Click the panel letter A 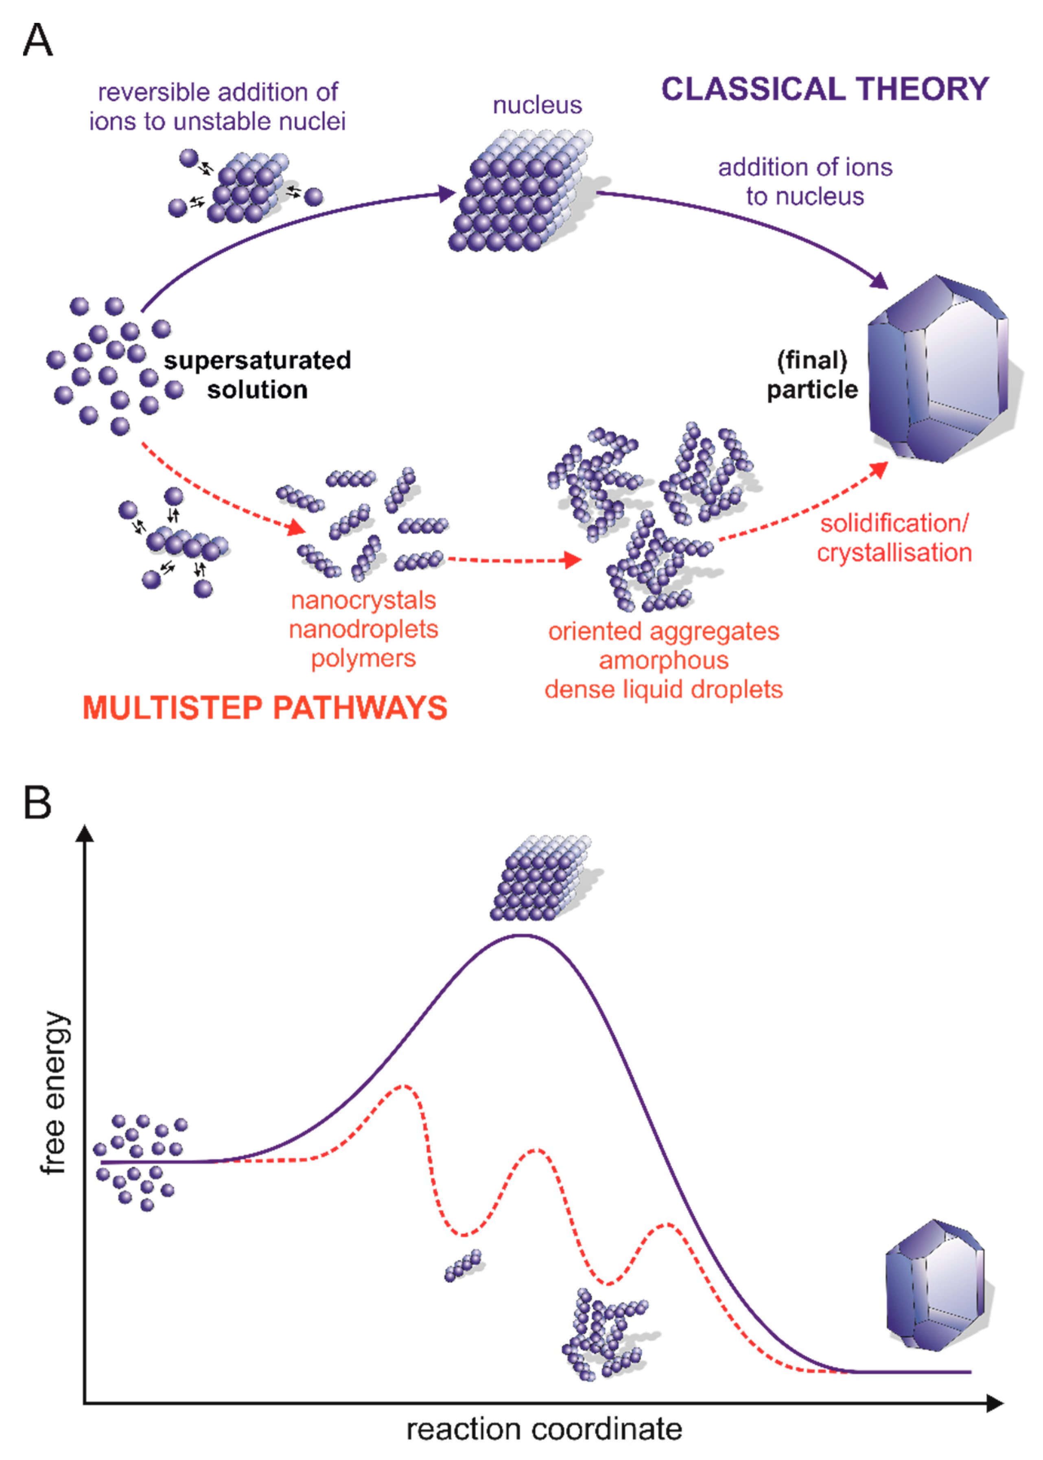point(37,40)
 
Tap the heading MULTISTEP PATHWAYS point(265,708)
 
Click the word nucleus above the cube point(537,105)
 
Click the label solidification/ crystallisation point(894,538)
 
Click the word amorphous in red point(663,660)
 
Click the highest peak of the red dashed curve point(403,1086)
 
